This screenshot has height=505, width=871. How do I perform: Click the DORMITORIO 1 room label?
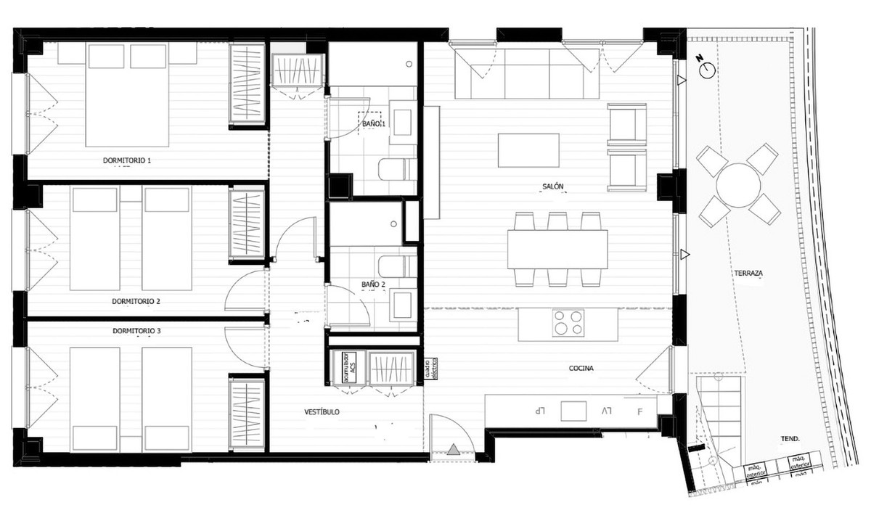(x=127, y=160)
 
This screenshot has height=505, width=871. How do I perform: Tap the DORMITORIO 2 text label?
(x=136, y=300)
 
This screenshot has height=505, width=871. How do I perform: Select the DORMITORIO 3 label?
(x=136, y=331)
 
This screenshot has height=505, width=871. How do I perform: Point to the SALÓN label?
(x=552, y=187)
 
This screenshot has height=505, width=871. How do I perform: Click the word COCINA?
(x=581, y=369)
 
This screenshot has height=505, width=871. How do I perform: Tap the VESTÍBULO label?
(x=322, y=412)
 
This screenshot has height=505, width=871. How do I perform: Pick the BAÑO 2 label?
(x=374, y=285)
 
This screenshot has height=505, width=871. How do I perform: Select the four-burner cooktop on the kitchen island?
(x=568, y=323)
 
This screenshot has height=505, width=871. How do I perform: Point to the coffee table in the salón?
(x=528, y=150)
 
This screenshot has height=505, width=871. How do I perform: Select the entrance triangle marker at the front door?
(x=454, y=450)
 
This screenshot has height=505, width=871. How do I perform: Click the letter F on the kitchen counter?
(x=639, y=411)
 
